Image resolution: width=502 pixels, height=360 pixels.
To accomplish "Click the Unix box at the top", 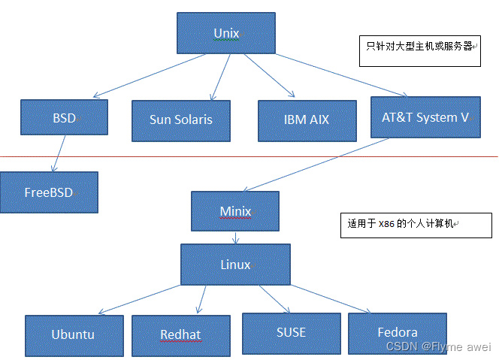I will tap(226, 33).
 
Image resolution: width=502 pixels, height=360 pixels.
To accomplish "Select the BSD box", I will tap(64, 118).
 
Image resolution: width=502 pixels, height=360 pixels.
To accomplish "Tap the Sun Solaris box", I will tap(180, 119).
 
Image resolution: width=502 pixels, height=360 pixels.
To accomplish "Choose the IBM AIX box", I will tap(306, 119).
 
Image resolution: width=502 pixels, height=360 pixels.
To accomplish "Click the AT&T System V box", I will tap(425, 116).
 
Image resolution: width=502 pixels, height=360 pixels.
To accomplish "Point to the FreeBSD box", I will tap(48, 192).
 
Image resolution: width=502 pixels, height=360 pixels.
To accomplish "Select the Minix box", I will tap(234, 211).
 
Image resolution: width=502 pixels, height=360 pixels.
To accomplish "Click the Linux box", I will tap(234, 265).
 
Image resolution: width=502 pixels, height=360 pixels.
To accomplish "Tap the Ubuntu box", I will tap(73, 334).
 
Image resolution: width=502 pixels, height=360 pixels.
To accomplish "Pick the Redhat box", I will tap(180, 334).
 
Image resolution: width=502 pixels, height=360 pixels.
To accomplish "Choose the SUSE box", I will tap(290, 331).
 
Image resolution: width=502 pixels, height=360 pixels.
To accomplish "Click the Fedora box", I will tap(397, 332).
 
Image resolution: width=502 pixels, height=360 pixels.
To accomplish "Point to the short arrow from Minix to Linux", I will tap(235, 237).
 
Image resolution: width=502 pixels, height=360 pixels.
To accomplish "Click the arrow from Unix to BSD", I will tap(136, 77).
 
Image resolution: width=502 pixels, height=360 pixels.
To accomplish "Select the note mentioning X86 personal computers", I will tap(416, 223).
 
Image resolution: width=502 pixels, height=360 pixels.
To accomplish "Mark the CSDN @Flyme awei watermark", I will tap(438, 346).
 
